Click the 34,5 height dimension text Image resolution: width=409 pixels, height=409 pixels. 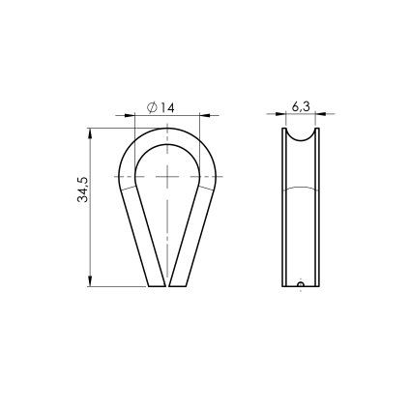click(x=83, y=190)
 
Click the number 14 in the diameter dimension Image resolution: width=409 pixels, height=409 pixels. click(x=166, y=108)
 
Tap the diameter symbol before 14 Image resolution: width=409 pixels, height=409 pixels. click(x=152, y=107)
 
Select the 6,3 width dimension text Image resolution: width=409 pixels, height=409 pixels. click(x=301, y=107)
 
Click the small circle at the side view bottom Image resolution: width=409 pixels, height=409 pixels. click(x=301, y=284)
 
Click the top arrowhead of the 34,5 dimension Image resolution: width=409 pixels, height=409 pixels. click(x=90, y=133)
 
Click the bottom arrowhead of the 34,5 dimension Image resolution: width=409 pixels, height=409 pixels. click(x=90, y=280)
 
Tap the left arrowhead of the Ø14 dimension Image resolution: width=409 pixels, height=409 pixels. click(x=130, y=115)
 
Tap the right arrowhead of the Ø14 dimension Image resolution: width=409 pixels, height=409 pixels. click(x=205, y=115)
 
